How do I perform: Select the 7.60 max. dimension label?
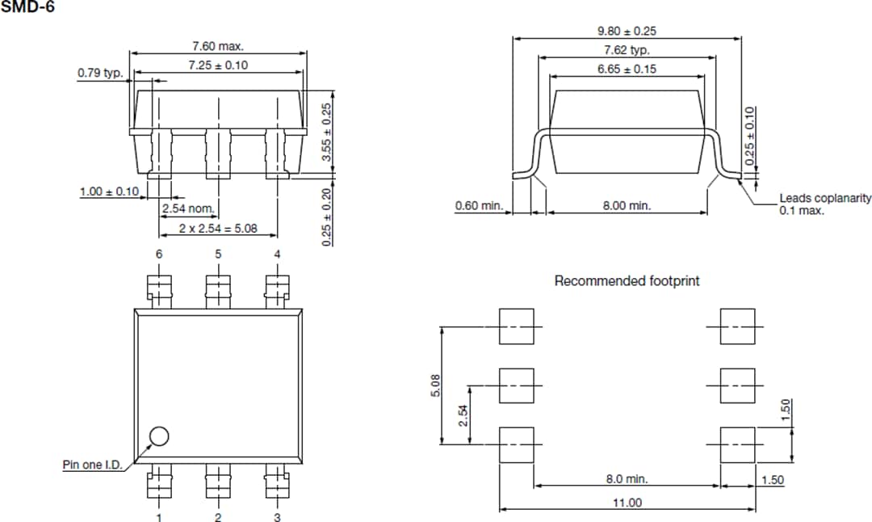(x=218, y=46)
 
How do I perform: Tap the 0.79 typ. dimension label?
(x=100, y=73)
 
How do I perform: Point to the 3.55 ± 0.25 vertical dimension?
(x=327, y=132)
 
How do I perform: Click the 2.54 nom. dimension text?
(x=188, y=208)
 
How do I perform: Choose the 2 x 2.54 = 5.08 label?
(x=218, y=229)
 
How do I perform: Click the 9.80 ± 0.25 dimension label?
(x=627, y=32)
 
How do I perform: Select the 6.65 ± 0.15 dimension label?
(x=627, y=69)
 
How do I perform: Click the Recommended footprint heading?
(x=627, y=281)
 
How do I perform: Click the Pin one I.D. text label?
(x=91, y=465)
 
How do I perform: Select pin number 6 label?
(x=159, y=254)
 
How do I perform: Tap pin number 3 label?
(x=277, y=517)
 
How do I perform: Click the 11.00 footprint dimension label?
(x=626, y=503)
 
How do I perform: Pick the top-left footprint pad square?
(x=516, y=326)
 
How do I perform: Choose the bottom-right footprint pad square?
(x=737, y=444)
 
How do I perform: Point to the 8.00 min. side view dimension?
(x=627, y=206)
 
